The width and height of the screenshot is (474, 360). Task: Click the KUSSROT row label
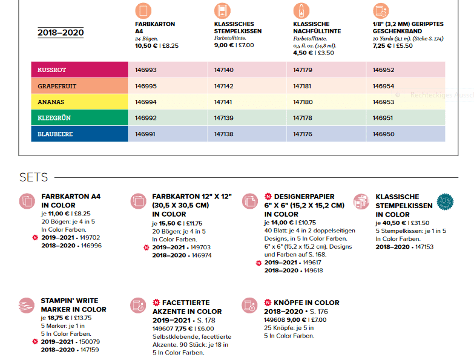pos(51,70)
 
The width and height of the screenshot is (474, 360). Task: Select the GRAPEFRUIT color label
pos(57,87)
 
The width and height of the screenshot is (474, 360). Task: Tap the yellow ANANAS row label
pos(51,102)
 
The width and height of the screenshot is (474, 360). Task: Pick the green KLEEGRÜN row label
pos(54,118)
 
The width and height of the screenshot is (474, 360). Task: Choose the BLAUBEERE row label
pos(55,134)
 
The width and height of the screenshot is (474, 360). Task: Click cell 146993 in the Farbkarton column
pos(146,70)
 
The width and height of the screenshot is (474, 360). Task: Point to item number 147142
pos(224,87)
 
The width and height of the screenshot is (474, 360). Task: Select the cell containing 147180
pos(303,102)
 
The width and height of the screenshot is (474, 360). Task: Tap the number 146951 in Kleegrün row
pos(383,118)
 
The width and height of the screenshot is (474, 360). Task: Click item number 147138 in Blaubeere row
pos(224,134)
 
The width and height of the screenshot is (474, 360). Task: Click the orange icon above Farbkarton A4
pos(143,10)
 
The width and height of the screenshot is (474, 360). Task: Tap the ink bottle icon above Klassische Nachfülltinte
pos(301,10)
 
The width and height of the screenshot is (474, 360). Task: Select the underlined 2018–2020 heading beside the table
pos(61,33)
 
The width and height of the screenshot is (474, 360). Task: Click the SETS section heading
pos(33,177)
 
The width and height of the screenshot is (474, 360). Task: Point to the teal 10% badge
pos(445,201)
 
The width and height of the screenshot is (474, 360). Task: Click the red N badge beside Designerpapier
pos(268,197)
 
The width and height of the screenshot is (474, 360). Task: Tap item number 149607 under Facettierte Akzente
pos(163,329)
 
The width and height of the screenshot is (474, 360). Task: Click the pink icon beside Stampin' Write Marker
pos(27,306)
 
